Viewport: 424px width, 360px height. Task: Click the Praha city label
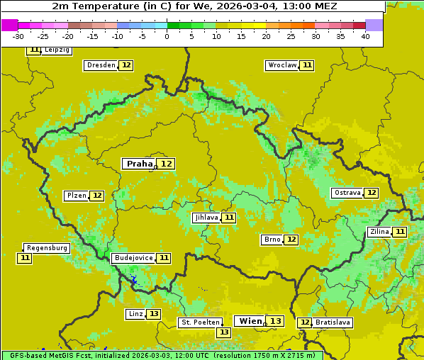pos(139,164)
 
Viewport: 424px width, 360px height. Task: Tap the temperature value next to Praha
pos(166,164)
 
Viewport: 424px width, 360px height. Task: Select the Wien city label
pos(250,321)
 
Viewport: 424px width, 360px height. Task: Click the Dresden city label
pos(100,65)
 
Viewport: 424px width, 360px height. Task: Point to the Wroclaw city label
pos(281,65)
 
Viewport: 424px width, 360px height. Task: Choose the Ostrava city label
pos(347,193)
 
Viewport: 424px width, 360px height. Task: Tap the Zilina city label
pos(379,232)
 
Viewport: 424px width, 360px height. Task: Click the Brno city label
pos(272,240)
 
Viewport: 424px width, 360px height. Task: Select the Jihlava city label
pos(206,218)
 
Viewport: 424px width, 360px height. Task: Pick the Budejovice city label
pos(133,258)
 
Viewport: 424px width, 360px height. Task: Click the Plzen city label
pos(76,196)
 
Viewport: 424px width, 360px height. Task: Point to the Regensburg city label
pos(47,248)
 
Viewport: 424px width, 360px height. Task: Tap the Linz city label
pos(135,314)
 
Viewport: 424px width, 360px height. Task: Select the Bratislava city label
pos(333,322)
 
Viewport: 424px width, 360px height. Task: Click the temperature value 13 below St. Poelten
pos(224,332)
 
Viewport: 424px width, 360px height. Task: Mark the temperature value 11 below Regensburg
pos(25,258)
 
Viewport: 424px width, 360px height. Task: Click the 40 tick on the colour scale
pos(365,36)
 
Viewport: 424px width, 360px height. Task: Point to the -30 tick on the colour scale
pos(18,36)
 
